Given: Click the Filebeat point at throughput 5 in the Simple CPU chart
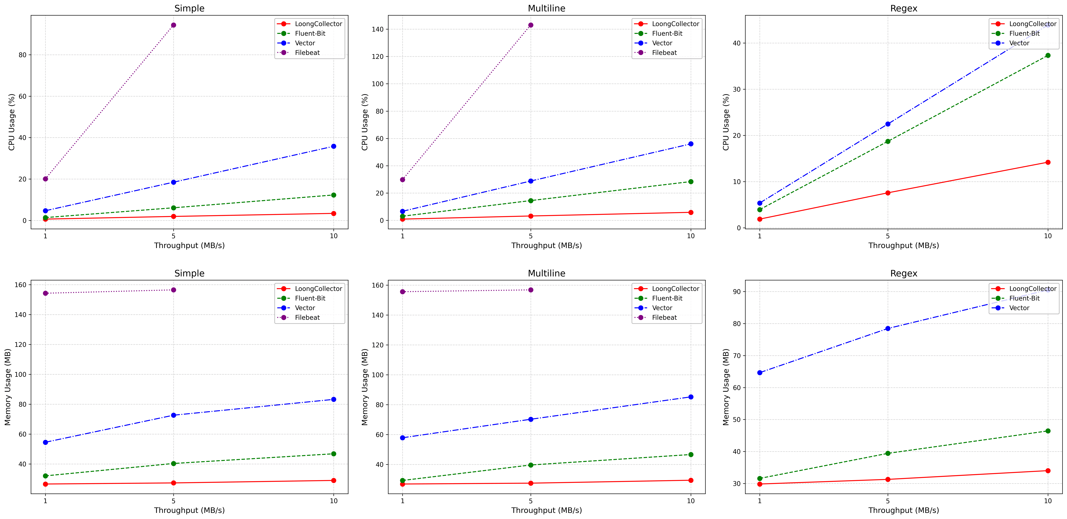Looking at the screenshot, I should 174,25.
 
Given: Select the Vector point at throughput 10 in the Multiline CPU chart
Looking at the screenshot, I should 690,144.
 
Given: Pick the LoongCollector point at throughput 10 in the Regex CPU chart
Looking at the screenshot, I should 1048,162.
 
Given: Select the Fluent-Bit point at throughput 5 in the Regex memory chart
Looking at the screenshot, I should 888,453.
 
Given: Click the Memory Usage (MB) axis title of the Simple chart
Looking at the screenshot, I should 8,387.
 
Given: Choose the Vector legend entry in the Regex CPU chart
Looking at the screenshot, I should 1019,43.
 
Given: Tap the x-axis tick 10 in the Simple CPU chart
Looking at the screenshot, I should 333,236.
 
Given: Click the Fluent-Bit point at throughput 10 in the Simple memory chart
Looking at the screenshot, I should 333,454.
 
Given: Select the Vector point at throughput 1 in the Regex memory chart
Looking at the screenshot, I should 760,373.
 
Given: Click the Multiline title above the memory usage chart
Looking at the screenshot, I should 546,273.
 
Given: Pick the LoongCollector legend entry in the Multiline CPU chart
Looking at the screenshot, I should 675,24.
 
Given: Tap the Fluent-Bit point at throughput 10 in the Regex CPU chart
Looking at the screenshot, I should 1048,55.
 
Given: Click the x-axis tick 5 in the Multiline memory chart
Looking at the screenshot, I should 531,501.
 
